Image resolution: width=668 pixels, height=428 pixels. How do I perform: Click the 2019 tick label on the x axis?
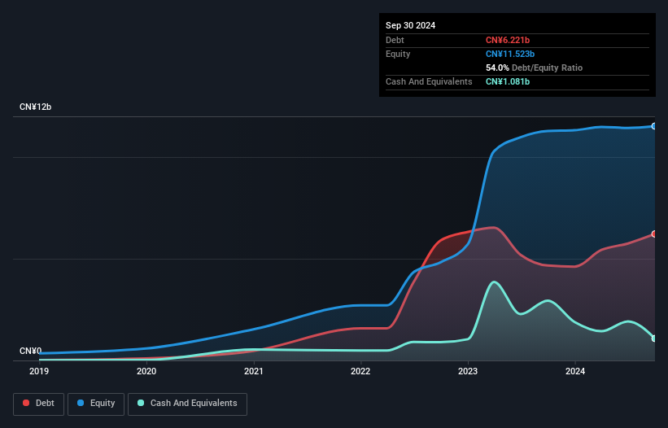[39, 372]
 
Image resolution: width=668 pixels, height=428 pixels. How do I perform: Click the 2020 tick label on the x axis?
[146, 372]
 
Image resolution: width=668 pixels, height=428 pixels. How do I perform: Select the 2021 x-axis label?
[254, 372]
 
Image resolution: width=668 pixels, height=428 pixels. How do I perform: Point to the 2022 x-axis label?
[360, 372]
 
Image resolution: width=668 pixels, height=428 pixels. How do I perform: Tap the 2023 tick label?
[468, 372]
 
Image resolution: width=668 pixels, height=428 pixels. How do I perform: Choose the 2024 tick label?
[575, 372]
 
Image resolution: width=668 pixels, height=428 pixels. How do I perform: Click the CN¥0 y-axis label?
[30, 352]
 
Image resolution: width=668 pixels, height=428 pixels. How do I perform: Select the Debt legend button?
[39, 404]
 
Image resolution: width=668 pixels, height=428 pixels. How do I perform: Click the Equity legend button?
[97, 404]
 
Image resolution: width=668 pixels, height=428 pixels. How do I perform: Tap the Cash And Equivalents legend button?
[187, 404]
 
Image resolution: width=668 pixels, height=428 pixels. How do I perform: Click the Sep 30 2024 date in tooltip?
[410, 25]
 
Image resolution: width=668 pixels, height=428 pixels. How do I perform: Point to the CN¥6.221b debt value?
[509, 40]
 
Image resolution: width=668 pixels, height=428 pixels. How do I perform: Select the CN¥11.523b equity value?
[512, 54]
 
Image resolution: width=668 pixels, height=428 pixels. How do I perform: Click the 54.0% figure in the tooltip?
[497, 68]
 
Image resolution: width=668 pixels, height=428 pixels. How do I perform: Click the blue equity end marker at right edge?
[654, 126]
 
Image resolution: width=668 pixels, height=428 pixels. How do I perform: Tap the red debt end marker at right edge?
[654, 234]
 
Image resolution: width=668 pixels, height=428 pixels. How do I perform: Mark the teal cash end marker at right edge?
[654, 338]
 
